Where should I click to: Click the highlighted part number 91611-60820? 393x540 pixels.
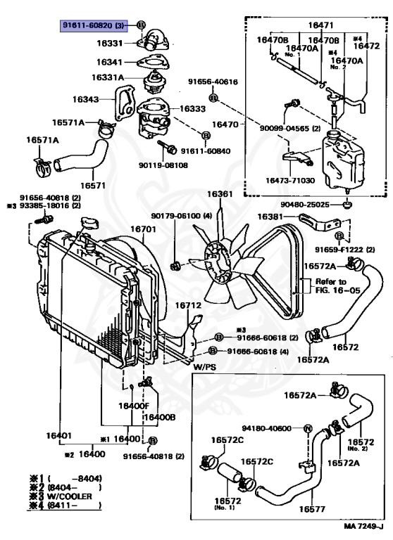[93, 25]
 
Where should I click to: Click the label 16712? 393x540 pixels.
[188, 306]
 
